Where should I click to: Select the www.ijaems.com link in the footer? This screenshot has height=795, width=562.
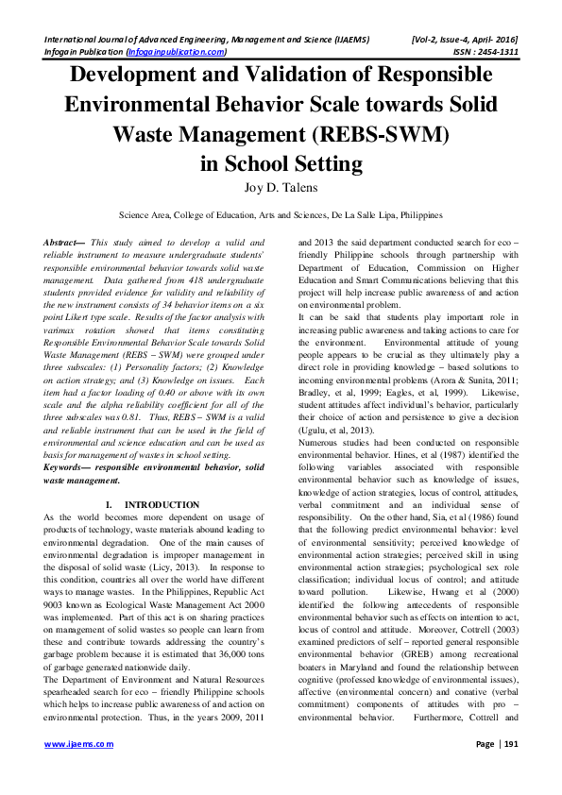(76, 770)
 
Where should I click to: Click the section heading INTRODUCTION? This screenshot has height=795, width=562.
(162, 505)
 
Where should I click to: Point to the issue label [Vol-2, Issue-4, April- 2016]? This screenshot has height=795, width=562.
(465, 39)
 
